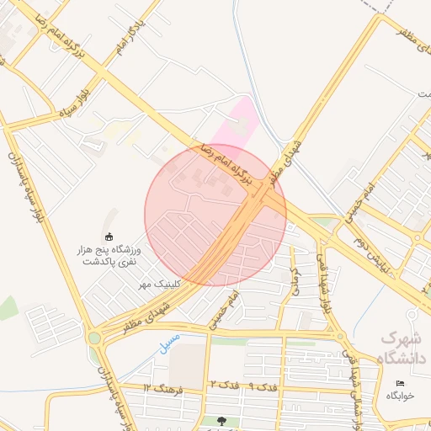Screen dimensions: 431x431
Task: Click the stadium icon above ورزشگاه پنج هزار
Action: (x=109, y=237)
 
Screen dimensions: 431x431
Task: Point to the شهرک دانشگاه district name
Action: (x=403, y=348)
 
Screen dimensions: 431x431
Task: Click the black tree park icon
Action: (x=221, y=420)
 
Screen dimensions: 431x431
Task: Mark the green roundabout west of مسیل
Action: (x=93, y=338)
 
